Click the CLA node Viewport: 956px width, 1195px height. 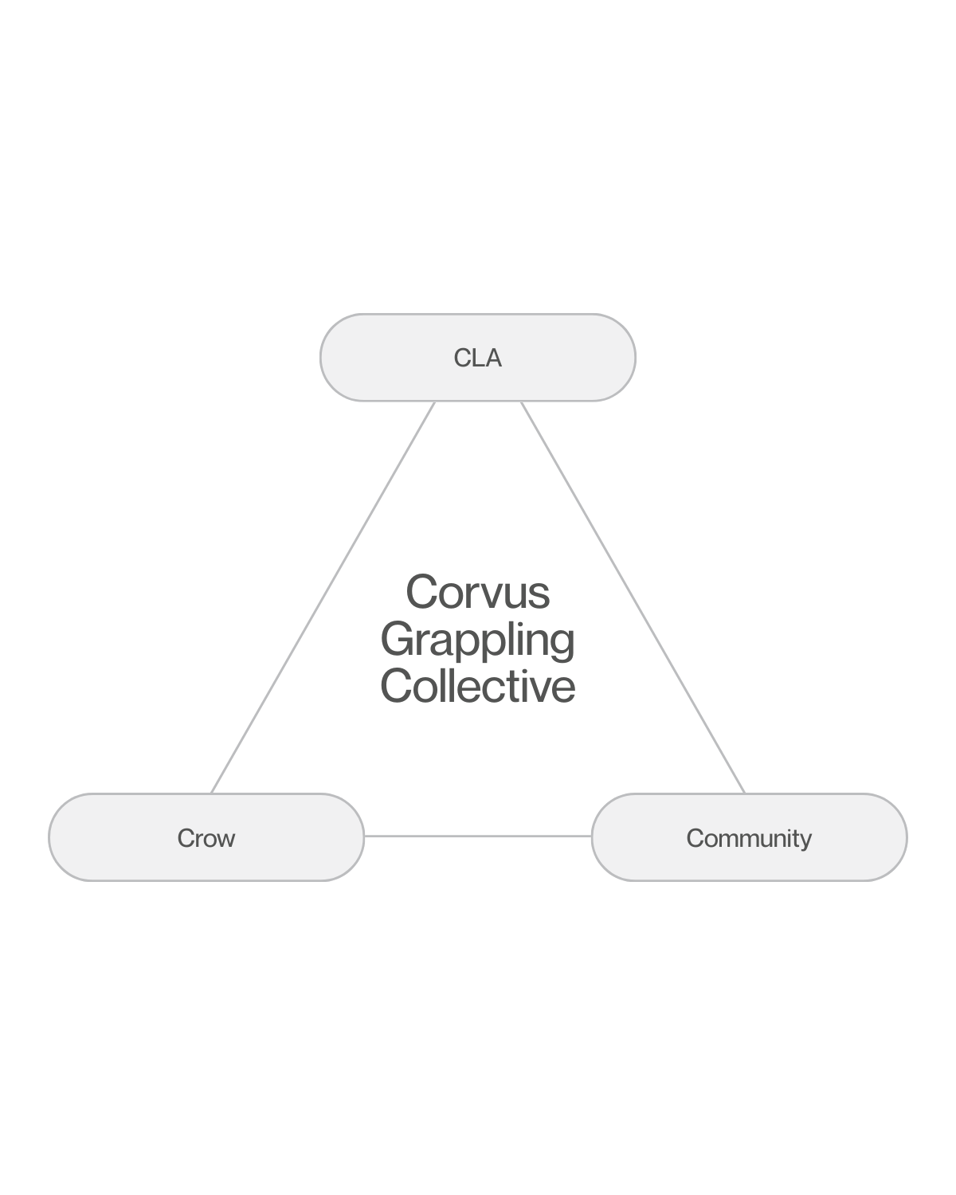(x=478, y=358)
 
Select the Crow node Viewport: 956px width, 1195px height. (x=206, y=837)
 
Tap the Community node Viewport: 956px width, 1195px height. (x=749, y=837)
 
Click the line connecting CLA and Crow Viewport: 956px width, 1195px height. (x=323, y=597)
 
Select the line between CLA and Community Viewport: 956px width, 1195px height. (x=633, y=597)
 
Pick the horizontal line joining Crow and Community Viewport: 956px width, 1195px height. (x=478, y=836)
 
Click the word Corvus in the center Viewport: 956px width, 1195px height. (x=478, y=593)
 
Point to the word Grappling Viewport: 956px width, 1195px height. (x=478, y=640)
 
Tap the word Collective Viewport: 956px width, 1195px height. (x=478, y=686)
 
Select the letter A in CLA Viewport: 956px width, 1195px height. (x=494, y=358)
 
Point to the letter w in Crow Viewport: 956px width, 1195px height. (x=225, y=839)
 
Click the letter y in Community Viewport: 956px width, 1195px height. (x=805, y=840)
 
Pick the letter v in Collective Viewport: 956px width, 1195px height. (x=546, y=688)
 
